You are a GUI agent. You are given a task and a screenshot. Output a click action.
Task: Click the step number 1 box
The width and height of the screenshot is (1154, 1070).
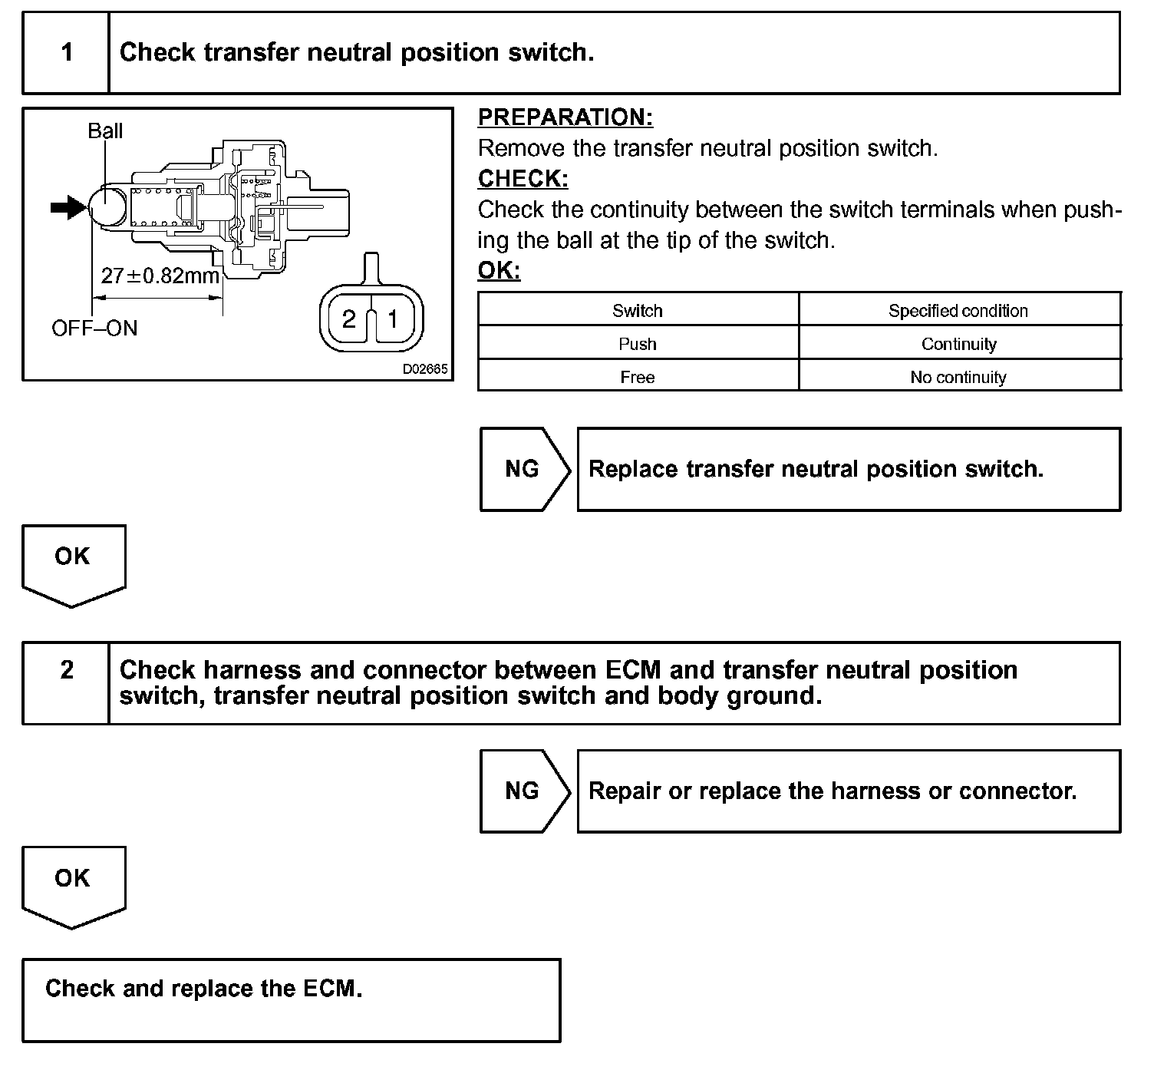click(67, 53)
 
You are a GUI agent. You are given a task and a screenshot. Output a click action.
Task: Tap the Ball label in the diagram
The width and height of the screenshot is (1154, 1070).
click(105, 131)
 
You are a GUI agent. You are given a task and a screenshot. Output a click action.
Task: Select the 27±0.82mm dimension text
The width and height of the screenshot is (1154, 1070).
click(160, 275)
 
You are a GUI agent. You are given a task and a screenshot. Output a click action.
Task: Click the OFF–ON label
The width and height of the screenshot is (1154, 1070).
click(94, 329)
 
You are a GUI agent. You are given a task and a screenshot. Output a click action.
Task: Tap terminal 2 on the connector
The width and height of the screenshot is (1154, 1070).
click(349, 319)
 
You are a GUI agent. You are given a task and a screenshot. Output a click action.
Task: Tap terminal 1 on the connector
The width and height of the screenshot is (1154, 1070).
click(392, 319)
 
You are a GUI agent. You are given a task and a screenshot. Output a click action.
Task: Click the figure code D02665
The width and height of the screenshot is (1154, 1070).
click(425, 369)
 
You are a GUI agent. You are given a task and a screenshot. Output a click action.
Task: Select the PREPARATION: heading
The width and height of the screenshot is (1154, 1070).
click(565, 117)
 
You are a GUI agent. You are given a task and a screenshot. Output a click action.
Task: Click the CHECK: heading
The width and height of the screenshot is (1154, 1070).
click(523, 179)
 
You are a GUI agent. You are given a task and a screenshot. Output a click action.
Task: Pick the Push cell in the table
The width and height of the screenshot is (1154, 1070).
click(637, 344)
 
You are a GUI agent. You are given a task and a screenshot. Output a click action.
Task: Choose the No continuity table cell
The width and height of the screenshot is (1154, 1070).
click(958, 378)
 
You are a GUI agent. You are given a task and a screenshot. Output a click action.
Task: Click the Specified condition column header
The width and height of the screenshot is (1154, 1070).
click(958, 311)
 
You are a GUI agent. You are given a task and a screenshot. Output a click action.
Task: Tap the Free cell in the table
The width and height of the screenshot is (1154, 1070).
click(637, 378)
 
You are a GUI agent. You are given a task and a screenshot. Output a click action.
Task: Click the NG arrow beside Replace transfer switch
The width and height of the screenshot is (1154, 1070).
click(524, 469)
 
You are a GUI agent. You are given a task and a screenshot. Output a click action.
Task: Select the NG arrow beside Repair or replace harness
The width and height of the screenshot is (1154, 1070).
click(524, 791)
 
